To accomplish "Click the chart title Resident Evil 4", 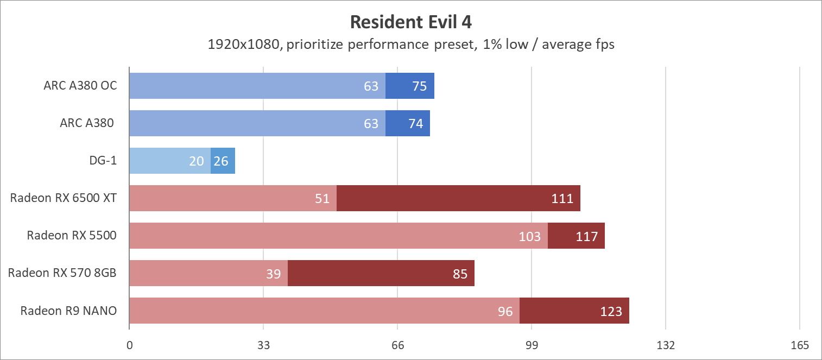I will coord(411,22).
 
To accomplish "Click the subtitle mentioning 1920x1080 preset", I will coord(411,45).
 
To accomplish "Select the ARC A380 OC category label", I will coord(80,86).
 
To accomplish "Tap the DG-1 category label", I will coord(103,161).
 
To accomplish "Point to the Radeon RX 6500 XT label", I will coord(64,198).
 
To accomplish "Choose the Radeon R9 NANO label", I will coord(68,311).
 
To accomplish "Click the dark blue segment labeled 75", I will coord(410,86).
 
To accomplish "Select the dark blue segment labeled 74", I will coord(408,123).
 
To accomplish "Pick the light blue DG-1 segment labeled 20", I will coord(169,161).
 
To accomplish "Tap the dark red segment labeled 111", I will coord(458,198).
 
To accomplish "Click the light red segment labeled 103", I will coord(338,236).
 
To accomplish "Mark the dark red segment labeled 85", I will coord(381,273).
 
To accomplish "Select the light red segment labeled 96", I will coord(324,311).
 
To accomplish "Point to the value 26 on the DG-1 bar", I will coord(222,161).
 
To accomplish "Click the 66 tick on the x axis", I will coord(397,345).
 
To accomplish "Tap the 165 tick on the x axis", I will coord(800,345).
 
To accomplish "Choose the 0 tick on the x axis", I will coord(129,345).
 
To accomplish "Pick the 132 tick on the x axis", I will coord(666,345).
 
